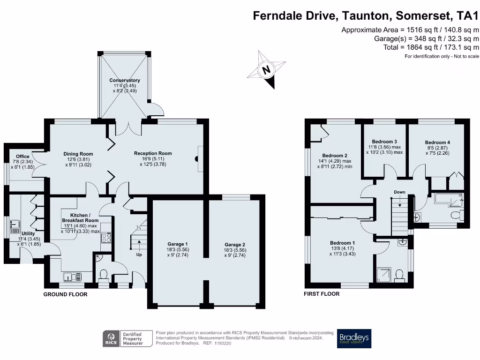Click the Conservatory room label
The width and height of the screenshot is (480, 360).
click(x=124, y=80)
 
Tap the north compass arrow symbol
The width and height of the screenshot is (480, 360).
click(x=267, y=70)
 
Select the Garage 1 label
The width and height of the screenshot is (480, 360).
click(x=178, y=244)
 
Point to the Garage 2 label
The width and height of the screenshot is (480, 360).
click(x=234, y=244)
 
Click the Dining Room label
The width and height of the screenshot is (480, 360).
click(x=78, y=154)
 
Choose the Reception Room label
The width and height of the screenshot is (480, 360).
click(x=153, y=153)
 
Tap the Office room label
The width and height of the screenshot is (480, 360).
click(x=22, y=157)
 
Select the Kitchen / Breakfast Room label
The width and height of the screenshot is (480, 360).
click(x=80, y=220)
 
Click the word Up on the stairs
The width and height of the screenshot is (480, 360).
click(x=139, y=255)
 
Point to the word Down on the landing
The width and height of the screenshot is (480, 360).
click(x=399, y=192)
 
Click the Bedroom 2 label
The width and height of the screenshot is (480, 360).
click(x=335, y=156)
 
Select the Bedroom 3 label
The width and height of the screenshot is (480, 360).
click(x=384, y=142)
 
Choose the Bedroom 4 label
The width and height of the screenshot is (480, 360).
click(x=437, y=142)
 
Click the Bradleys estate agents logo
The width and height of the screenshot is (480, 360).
click(x=354, y=338)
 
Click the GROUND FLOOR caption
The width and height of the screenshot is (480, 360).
click(x=65, y=294)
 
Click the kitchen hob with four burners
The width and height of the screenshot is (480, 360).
click(x=106, y=238)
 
